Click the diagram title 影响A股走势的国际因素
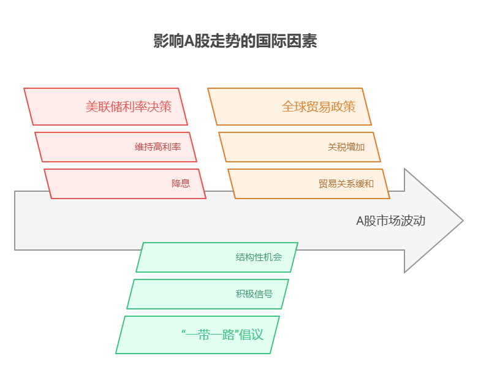pyautogui.click(x=235, y=41)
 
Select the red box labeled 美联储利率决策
pyautogui.click(x=106, y=107)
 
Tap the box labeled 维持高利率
pyautogui.click(x=116, y=147)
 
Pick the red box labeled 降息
pyautogui.click(x=125, y=184)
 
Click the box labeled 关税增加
pyautogui.click(x=300, y=147)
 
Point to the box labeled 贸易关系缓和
pyautogui.click(x=309, y=184)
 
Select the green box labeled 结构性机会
pyautogui.click(x=217, y=257)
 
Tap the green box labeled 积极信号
pyautogui.click(x=208, y=294)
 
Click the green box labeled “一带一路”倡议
pyautogui.click(x=197, y=335)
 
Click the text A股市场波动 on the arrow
pyautogui.click(x=390, y=221)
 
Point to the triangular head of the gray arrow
pyautogui.click(x=432, y=221)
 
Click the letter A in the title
pyautogui.click(x=189, y=42)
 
